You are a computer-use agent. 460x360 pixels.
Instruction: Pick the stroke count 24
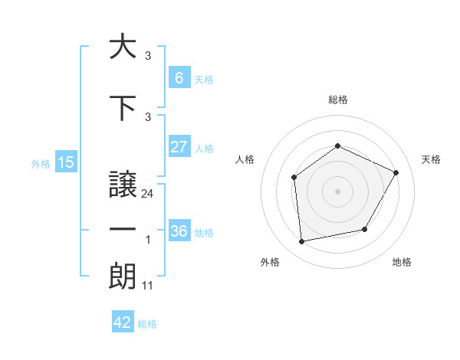[147, 194]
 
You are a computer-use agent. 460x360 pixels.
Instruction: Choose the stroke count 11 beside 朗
[148, 286]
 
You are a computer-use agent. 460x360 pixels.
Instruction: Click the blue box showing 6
[179, 78]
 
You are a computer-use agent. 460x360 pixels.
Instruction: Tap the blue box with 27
[179, 147]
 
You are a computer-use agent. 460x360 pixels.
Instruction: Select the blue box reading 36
[179, 231]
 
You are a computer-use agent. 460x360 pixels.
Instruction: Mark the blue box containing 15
[65, 162]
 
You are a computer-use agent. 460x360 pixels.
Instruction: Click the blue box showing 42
[122, 322]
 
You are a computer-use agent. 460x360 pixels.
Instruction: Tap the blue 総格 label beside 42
[147, 324]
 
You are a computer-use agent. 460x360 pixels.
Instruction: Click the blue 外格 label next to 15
[40, 163]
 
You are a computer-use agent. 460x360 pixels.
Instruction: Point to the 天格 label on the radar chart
[431, 159]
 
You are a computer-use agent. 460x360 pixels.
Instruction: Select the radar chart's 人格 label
[245, 159]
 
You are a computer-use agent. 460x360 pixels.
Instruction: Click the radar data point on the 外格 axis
[302, 242]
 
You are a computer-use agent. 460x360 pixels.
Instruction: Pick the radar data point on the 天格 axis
[396, 172]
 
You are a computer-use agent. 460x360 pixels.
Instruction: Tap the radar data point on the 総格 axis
[337, 146]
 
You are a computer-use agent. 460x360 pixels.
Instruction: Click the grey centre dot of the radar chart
[337, 191]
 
